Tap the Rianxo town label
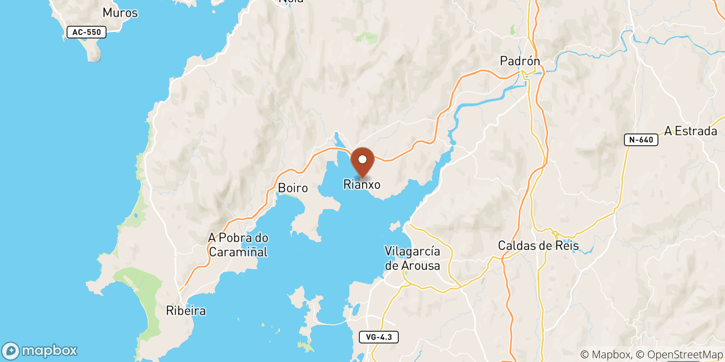pos(362,185)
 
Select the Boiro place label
pos(293,188)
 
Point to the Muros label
pos(120,13)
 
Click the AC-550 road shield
pos(87,32)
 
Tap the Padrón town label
pos(520,61)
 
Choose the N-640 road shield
pos(641,140)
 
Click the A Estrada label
pos(691,131)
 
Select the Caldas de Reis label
pos(538,246)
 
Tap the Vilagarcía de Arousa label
pos(412,258)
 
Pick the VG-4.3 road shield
pos(379,337)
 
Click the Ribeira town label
pos(186,311)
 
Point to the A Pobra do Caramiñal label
pos(238,245)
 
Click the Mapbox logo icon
pos(11,351)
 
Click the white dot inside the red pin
pos(362,159)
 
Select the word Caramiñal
pos(238,252)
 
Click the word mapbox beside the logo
pos(49,351)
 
